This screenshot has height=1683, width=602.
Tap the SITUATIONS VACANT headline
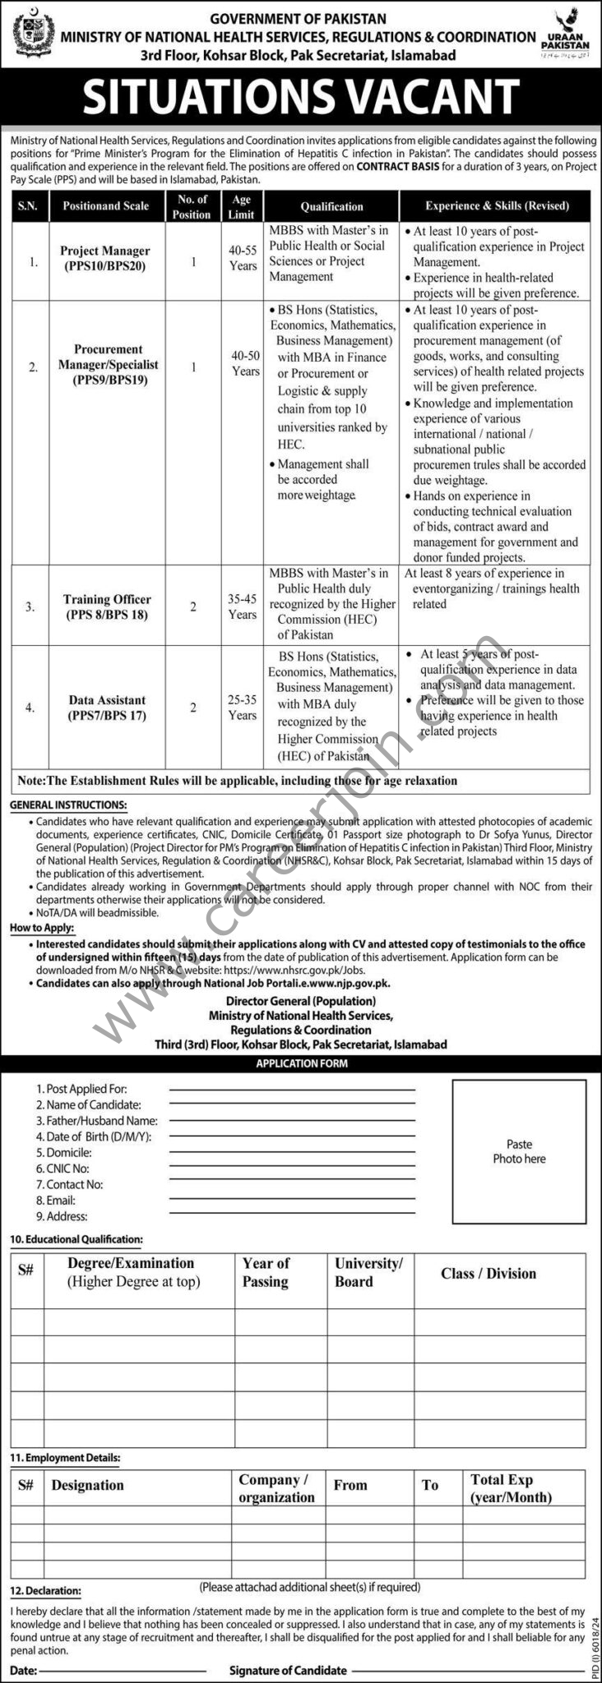(301, 97)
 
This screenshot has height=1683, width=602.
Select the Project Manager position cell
(106, 258)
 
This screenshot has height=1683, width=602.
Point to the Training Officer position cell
(107, 606)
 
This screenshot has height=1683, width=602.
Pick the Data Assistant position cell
(107, 707)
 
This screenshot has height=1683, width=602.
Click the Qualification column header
(331, 206)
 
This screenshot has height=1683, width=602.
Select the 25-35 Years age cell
(243, 707)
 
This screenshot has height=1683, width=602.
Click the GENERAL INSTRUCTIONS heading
(68, 805)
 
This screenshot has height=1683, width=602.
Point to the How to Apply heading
(40, 927)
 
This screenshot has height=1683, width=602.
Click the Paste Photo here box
(519, 1150)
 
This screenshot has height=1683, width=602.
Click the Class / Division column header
(488, 1274)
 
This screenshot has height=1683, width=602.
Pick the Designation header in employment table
(87, 1485)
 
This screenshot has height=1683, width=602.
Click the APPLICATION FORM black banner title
(301, 1063)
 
